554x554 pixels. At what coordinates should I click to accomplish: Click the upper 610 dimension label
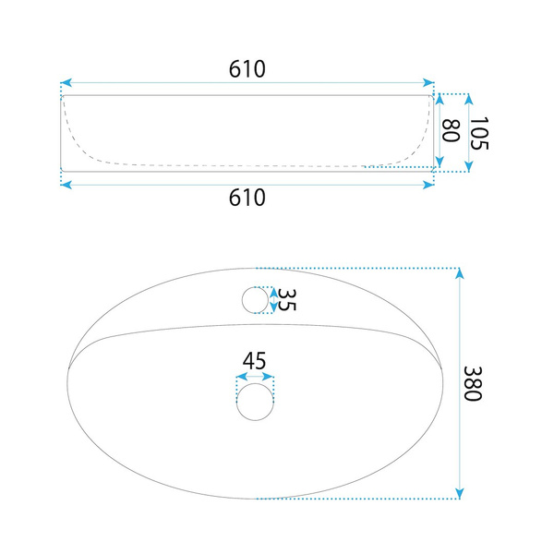click(247, 69)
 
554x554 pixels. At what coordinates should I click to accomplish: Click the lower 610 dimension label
click(247, 198)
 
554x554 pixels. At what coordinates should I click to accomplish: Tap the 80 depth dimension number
click(451, 131)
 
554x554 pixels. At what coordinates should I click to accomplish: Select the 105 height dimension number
click(478, 133)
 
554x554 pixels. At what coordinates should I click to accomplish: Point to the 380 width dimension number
click(473, 383)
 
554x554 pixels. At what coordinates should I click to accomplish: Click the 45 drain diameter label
click(254, 361)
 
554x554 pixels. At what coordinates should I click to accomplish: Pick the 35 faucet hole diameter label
click(286, 300)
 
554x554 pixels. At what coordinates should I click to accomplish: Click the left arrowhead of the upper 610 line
click(66, 83)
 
